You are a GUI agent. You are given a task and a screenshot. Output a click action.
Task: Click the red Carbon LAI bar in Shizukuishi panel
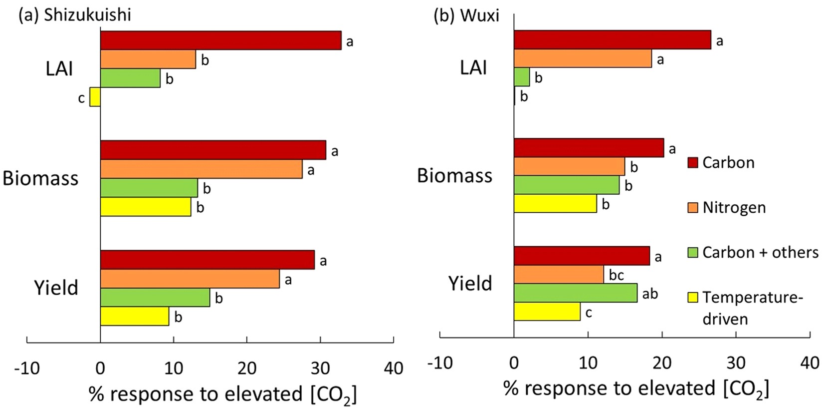coord(220,40)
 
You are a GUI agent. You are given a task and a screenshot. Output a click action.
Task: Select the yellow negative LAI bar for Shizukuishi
coord(95,97)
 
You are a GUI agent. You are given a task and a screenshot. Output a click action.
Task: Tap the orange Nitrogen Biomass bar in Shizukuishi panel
coord(201,169)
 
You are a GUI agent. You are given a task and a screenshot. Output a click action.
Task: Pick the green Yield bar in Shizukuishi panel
coord(155,298)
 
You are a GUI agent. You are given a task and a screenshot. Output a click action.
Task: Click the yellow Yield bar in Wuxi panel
coord(547,312)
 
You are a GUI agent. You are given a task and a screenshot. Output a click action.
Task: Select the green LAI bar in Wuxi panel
coord(522,77)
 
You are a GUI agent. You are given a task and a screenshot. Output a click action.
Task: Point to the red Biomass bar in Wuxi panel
coord(589,148)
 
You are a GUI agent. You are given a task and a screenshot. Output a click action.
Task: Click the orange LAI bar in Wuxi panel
coord(583,58)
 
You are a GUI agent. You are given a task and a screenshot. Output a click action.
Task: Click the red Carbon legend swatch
coord(692,163)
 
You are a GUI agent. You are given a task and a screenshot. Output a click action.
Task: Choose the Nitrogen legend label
coord(734,208)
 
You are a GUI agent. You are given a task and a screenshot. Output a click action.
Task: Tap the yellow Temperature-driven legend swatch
coord(692,298)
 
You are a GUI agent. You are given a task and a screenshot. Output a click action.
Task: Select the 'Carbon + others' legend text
coord(760,253)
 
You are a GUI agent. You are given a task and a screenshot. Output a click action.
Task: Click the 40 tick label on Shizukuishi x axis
coord(394,369)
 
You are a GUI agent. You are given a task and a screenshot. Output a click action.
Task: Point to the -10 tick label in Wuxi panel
coord(440,363)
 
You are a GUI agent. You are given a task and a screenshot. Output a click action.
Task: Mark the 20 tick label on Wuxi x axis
coord(662,363)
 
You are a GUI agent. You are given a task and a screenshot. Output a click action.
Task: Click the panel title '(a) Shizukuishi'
coord(75,15)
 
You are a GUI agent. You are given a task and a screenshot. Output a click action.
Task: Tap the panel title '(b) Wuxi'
coord(466,15)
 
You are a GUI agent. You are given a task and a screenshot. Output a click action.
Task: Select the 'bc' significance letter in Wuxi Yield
coord(616,275)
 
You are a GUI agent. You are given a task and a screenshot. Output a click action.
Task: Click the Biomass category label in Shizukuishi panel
coord(40,178)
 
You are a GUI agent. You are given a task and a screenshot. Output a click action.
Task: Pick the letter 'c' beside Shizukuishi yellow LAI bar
coord(81,98)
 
